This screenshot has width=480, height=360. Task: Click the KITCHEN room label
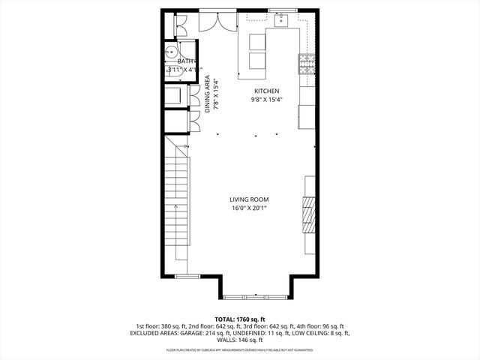265,91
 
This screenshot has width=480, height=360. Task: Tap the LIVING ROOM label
249,199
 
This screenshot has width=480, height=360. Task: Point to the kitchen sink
283,20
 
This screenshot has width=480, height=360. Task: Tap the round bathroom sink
172,53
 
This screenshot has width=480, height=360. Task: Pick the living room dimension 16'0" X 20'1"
249,208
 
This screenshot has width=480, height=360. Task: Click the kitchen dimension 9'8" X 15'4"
265,100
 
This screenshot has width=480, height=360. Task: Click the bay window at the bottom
256,295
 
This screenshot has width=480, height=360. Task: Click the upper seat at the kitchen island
256,41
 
